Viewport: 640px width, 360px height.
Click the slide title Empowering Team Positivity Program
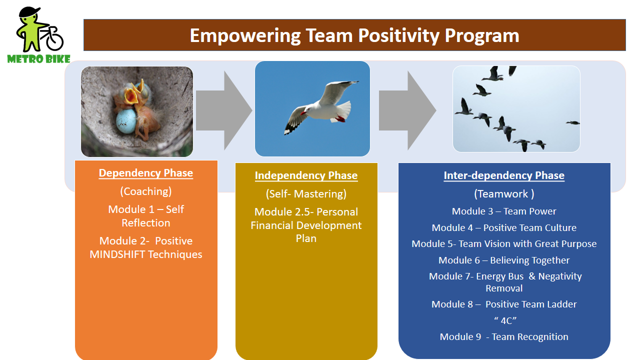(x=354, y=36)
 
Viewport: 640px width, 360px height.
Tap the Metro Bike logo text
(x=38, y=59)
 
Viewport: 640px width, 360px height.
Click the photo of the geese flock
(x=516, y=109)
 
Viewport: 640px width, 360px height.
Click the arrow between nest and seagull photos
(x=223, y=110)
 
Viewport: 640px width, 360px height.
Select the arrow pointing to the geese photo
(x=407, y=110)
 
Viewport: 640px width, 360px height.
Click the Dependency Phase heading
(x=145, y=173)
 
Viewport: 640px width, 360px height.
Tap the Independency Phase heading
(x=306, y=175)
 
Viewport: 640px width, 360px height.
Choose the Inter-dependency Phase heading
(x=504, y=175)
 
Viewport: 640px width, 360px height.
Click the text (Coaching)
(x=145, y=191)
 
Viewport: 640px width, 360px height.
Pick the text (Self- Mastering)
(x=306, y=193)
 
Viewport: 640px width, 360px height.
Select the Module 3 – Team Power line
(x=504, y=211)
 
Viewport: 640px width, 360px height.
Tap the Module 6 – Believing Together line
(x=504, y=260)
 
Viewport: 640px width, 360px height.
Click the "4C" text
(x=504, y=321)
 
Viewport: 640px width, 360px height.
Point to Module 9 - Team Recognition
(x=504, y=337)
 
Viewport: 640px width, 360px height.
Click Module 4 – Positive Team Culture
(x=504, y=228)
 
